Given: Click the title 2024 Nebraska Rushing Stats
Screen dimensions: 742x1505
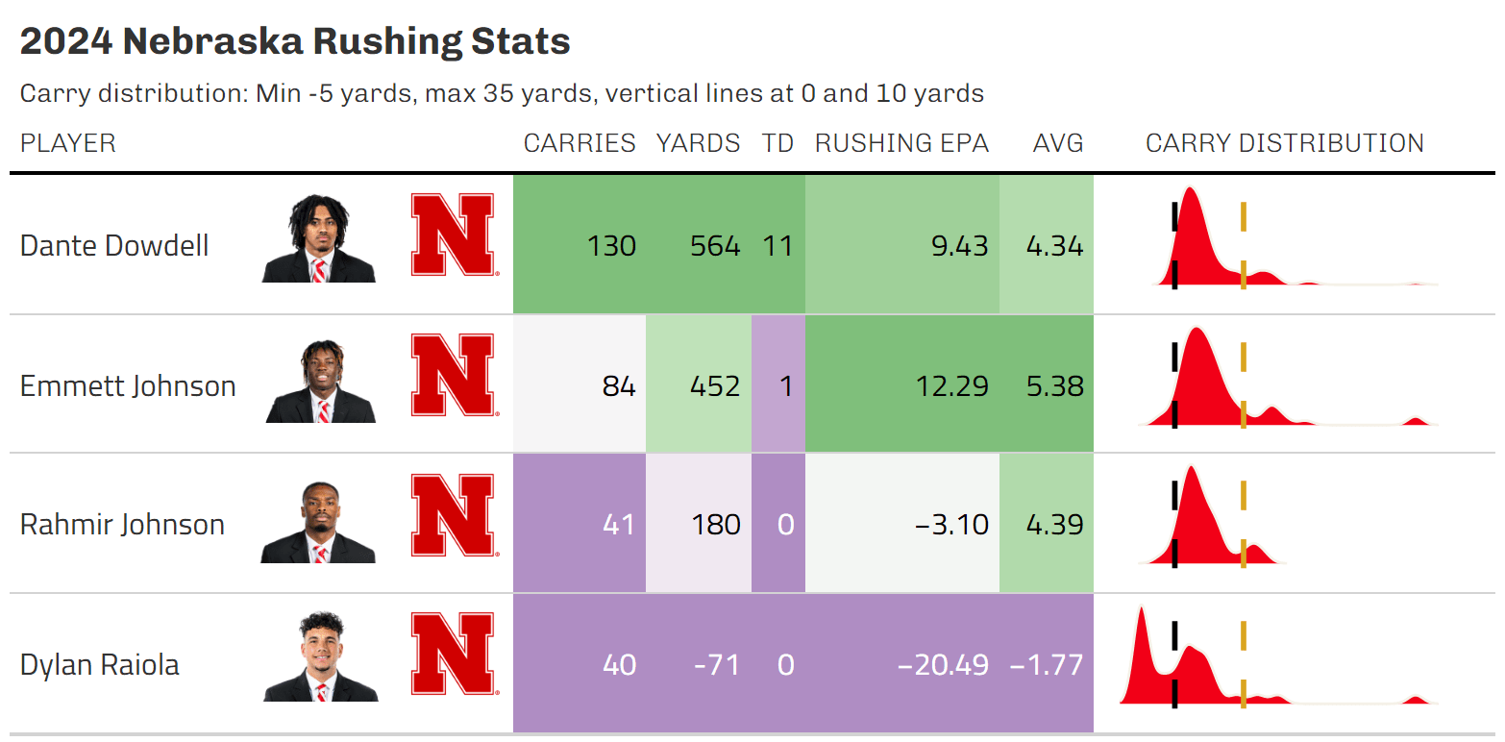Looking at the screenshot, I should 295,42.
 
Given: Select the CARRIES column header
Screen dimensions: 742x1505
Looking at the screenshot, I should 580,143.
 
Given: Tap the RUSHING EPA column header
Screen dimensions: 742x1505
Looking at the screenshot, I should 901,143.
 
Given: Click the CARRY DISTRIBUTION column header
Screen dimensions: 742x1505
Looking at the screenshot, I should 1284,143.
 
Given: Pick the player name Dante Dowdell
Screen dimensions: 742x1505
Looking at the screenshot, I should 114,246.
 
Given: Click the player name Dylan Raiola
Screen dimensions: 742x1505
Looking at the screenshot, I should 99,665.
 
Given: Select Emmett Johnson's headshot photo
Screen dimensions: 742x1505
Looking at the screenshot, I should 320,383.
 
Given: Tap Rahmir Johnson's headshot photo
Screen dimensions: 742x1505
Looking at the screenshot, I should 318,523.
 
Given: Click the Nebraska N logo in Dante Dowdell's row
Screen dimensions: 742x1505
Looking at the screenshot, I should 453,235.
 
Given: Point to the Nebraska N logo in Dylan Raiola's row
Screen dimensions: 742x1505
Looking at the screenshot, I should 453,655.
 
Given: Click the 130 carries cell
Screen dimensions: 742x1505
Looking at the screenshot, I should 612,246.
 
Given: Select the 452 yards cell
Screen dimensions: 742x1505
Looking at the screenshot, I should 715,386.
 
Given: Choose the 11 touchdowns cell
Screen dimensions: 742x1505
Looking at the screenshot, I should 777,246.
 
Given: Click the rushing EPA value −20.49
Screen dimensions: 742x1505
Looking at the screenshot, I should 942,665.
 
